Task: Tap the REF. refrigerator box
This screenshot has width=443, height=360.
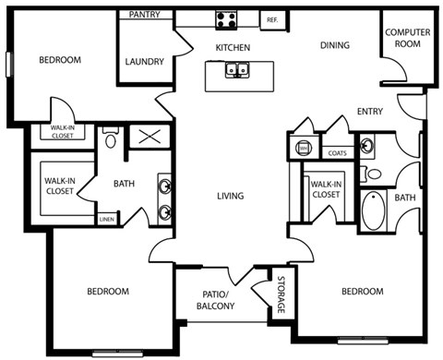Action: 272,19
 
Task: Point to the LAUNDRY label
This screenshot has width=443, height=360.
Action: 144,63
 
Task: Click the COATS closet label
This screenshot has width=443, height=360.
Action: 338,154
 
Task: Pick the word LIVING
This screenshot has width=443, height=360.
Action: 230,196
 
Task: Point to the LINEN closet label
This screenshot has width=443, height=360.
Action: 107,220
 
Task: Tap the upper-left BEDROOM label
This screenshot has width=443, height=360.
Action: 61,61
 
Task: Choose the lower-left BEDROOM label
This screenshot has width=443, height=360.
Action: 108,292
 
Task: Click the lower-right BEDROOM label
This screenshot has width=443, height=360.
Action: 362,292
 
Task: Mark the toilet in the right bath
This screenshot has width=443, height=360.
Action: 374,173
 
